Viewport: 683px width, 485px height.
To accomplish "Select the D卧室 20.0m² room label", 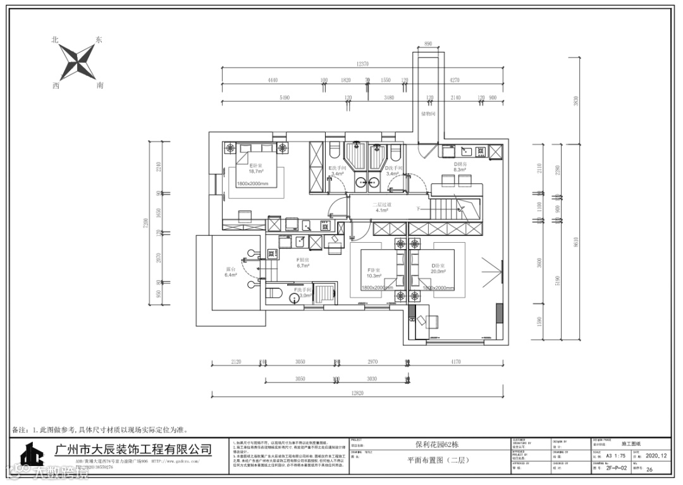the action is pyautogui.click(x=438, y=269).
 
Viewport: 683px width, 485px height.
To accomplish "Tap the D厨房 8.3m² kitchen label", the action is pyautogui.click(x=459, y=166).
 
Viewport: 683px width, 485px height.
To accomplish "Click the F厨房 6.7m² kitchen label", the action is pyautogui.click(x=303, y=263).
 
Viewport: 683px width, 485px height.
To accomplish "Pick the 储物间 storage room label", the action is pyautogui.click(x=428, y=114).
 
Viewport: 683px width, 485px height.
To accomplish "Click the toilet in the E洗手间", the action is pyautogui.click(x=334, y=151).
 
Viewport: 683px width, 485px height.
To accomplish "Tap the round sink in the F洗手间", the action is pyautogui.click(x=297, y=297).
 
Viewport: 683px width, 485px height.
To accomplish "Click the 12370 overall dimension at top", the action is pyautogui.click(x=362, y=64).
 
